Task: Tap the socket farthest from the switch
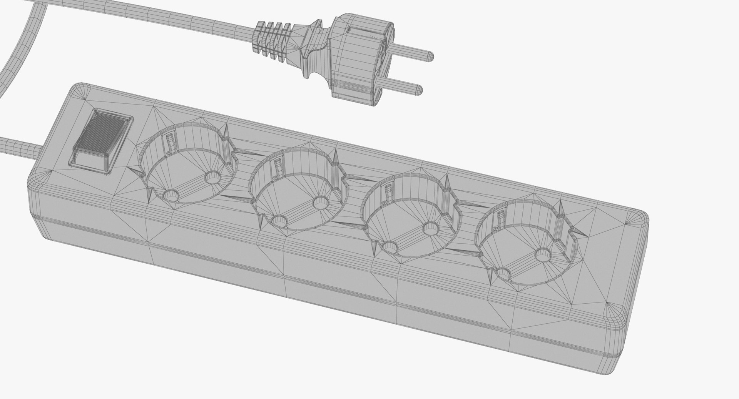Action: coord(526,246)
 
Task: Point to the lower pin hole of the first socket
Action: coord(171,195)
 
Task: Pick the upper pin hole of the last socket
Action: coord(543,254)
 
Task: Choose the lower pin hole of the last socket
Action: coord(503,274)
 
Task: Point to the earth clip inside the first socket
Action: coord(170,142)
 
